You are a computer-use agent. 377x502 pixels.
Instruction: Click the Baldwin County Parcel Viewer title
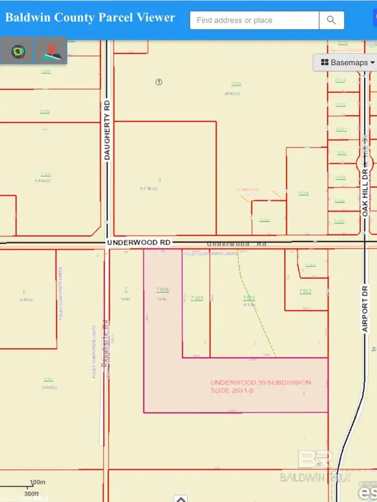point(90,18)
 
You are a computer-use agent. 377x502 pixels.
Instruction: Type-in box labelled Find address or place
point(254,20)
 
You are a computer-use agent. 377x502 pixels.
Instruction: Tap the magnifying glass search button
point(332,20)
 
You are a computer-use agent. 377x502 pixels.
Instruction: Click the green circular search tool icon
point(17,51)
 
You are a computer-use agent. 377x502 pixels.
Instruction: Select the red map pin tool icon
point(51,51)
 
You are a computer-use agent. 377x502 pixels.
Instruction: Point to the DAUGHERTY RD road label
point(107,134)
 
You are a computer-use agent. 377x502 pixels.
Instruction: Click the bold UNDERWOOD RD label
point(139,242)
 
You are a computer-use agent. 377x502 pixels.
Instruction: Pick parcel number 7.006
point(162,290)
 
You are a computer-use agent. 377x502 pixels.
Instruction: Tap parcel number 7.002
point(305,292)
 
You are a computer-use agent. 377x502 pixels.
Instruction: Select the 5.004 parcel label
point(304,193)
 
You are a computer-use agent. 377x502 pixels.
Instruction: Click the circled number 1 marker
point(159,82)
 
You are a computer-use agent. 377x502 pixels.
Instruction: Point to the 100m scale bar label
point(38,482)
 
